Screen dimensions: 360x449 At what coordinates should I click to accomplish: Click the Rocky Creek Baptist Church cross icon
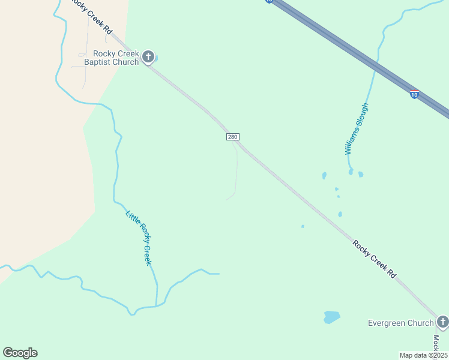pyautogui.click(x=148, y=58)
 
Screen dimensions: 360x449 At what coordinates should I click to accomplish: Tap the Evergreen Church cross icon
pyautogui.click(x=443, y=322)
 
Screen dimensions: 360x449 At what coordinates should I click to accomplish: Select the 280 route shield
pyautogui.click(x=233, y=137)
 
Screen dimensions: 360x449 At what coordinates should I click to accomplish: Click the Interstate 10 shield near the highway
pyautogui.click(x=414, y=94)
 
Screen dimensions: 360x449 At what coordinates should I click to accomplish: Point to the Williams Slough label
pyautogui.click(x=357, y=129)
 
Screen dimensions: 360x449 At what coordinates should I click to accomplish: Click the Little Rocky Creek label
pyautogui.click(x=139, y=238)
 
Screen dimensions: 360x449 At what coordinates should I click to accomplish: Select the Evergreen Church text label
pyautogui.click(x=400, y=323)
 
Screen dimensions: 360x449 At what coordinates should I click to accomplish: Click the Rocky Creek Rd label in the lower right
pyautogui.click(x=375, y=259)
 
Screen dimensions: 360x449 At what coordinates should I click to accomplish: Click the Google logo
pyautogui.click(x=20, y=353)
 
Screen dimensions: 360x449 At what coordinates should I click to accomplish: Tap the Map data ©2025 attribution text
pyautogui.click(x=424, y=355)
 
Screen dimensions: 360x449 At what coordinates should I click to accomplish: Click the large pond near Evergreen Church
pyautogui.click(x=332, y=316)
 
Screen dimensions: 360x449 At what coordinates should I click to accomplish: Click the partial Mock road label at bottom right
pyautogui.click(x=436, y=343)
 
